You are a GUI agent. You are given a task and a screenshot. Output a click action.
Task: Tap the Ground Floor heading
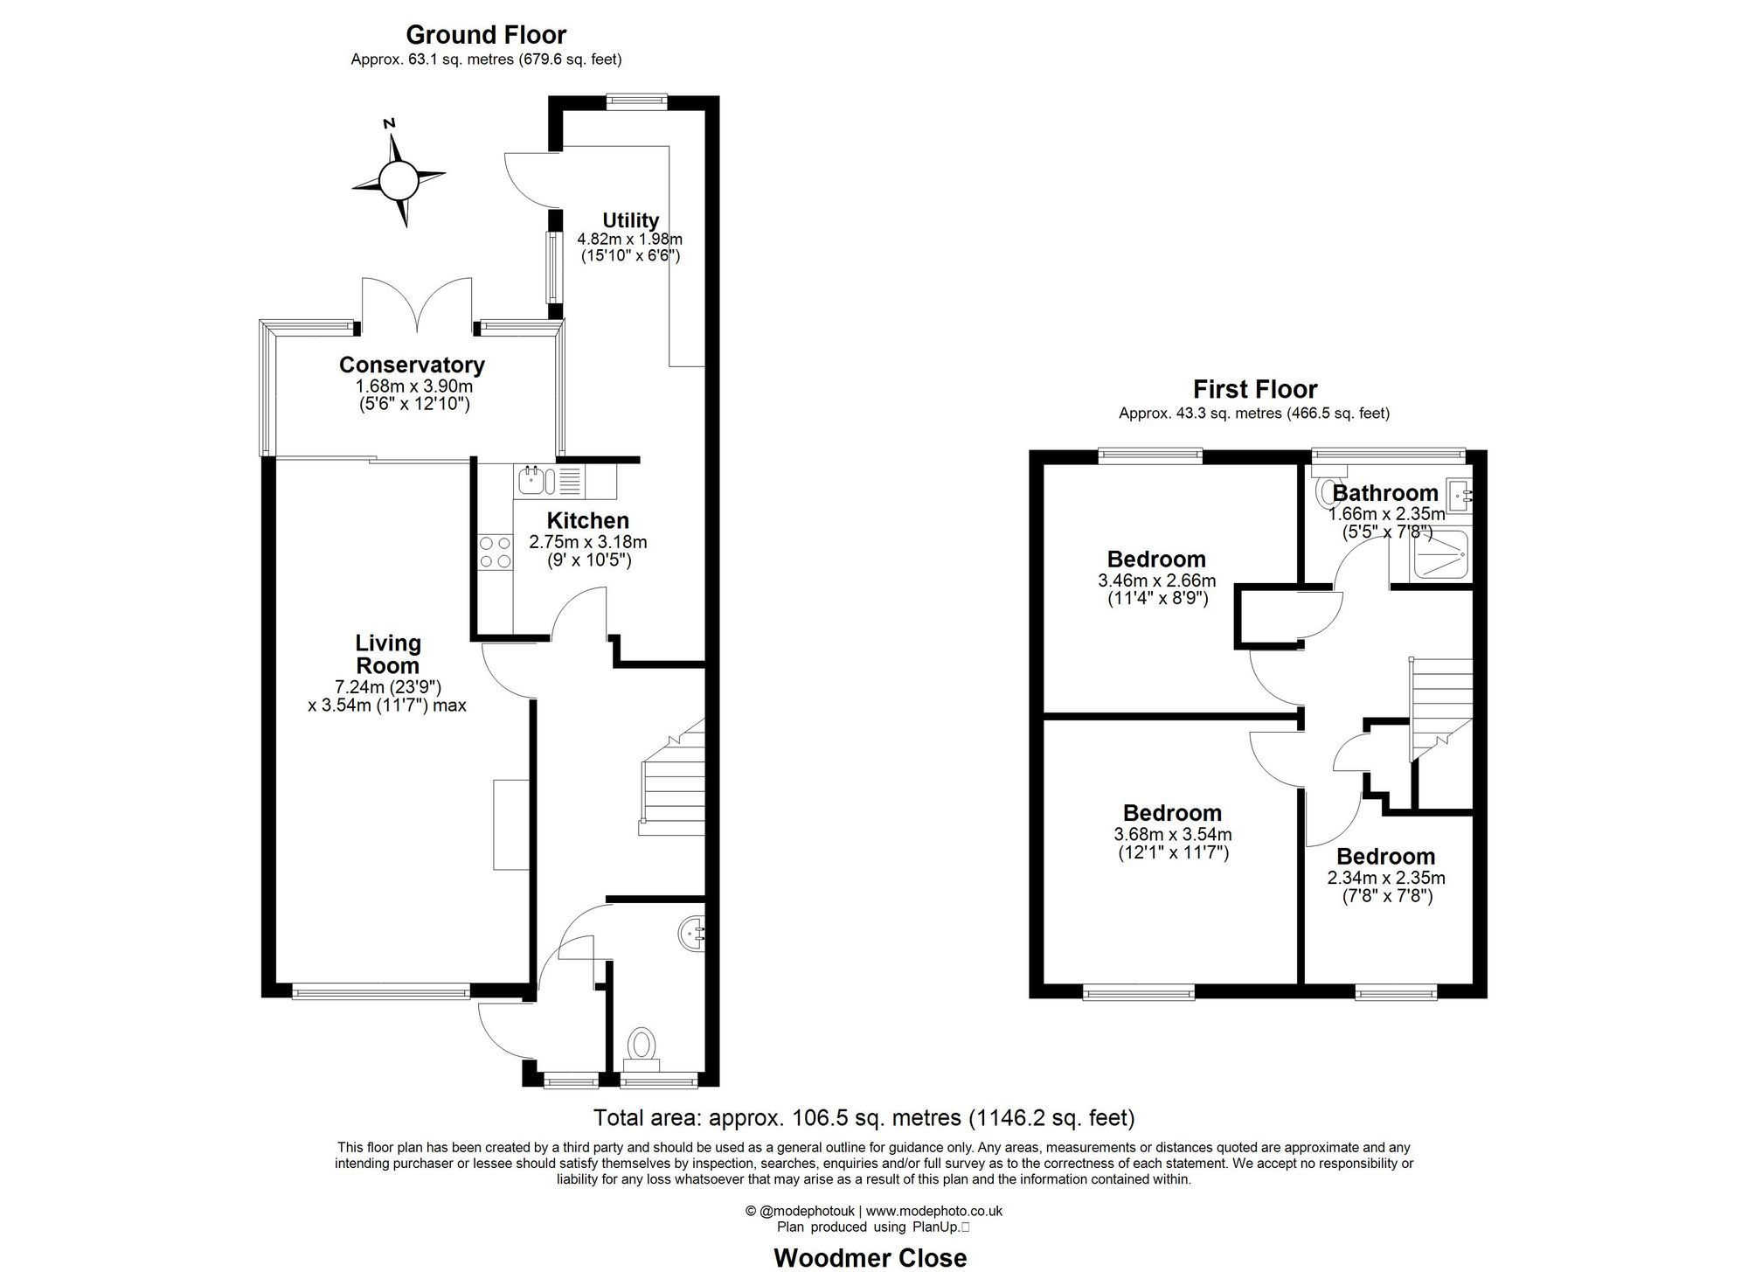point(486,35)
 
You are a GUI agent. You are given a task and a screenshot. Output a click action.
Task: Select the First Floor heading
point(1255,389)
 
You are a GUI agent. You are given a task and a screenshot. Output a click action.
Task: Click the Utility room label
point(630,220)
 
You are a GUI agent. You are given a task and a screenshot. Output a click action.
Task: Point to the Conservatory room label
point(412,365)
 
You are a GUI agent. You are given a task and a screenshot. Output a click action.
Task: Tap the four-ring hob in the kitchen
point(495,553)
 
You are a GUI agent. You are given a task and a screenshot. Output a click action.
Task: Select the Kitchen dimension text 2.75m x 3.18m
point(587,542)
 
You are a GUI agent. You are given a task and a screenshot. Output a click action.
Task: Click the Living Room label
point(388,654)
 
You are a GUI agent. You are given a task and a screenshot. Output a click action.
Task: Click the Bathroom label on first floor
point(1385,493)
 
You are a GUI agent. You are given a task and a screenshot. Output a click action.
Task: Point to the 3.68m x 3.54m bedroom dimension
point(1173,835)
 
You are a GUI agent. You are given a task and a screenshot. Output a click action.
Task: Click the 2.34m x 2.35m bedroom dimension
point(1386,878)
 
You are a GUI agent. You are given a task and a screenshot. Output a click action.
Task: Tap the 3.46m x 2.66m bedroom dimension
point(1156,580)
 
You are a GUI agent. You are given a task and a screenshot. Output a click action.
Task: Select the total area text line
point(864,1117)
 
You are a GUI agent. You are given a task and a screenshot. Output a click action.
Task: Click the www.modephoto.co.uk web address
point(934,1211)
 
